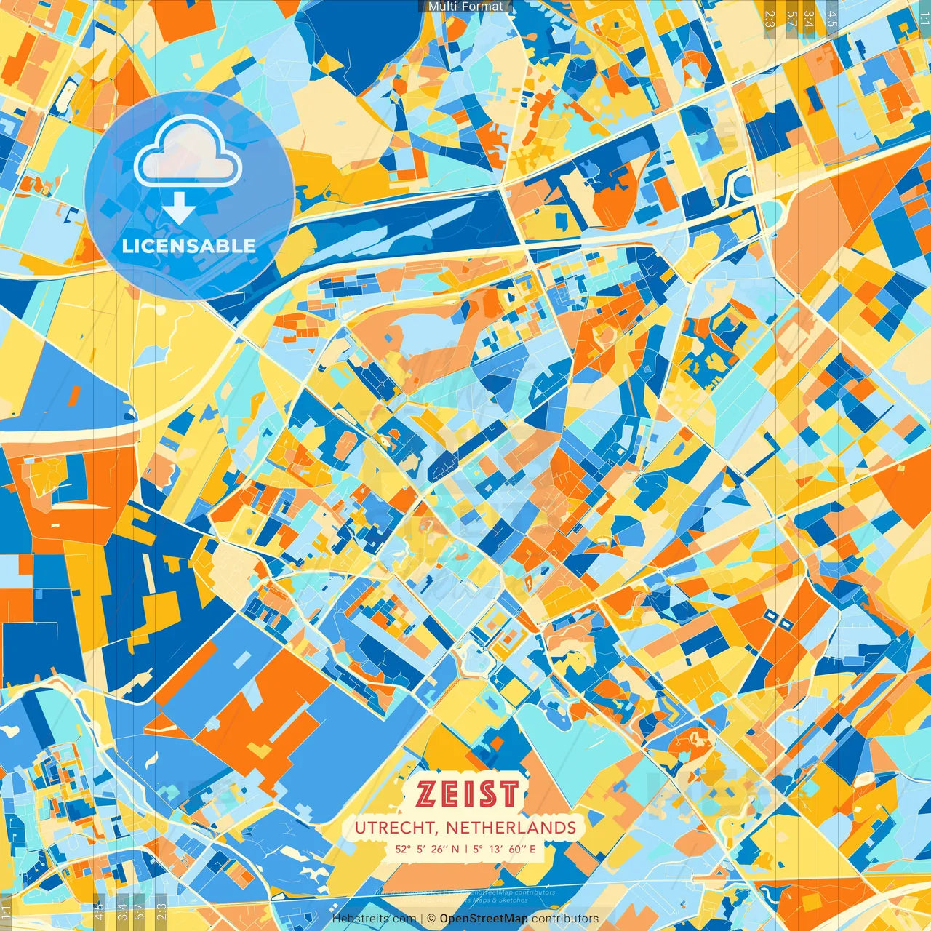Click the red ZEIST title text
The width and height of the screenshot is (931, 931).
(x=468, y=794)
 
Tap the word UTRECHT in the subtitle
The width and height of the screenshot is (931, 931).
(x=396, y=828)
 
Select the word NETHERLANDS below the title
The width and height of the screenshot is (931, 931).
(x=511, y=828)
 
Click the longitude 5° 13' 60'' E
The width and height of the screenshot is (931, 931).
(x=505, y=849)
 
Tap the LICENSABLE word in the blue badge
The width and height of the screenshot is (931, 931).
(x=189, y=246)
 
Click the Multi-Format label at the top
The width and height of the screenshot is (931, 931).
(x=465, y=7)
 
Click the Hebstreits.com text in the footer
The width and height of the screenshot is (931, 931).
(x=375, y=919)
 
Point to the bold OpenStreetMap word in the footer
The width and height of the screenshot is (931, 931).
(x=484, y=919)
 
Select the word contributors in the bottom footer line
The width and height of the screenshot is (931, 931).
(x=565, y=919)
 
